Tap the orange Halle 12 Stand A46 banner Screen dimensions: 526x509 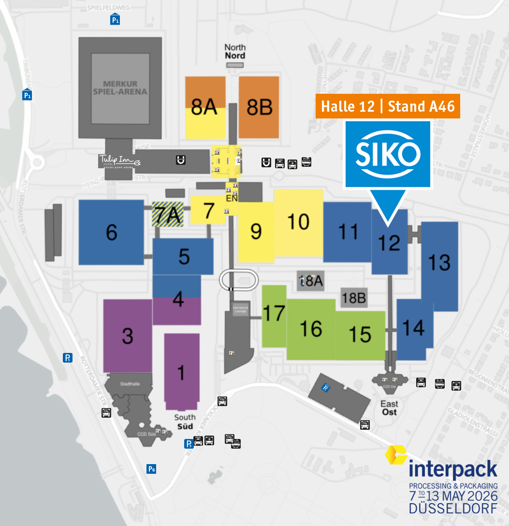[x=388, y=106]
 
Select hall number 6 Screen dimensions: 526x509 [x=111, y=233]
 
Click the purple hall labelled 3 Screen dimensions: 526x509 [x=127, y=336]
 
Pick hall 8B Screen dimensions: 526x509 [x=259, y=107]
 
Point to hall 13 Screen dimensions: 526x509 [x=439, y=263]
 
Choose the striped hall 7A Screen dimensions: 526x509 [x=168, y=214]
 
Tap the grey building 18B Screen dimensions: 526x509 [x=354, y=298]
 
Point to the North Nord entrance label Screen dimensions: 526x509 [x=235, y=51]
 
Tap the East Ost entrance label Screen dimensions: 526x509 [x=389, y=408]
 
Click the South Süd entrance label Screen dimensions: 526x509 [x=185, y=421]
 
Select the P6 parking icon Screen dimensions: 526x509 [x=152, y=468]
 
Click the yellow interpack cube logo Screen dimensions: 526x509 [x=396, y=455]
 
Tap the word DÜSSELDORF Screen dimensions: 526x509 [x=453, y=509]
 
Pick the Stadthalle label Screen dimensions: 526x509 [x=130, y=384]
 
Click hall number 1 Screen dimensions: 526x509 [x=181, y=373]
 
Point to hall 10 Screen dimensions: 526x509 [x=298, y=221]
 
